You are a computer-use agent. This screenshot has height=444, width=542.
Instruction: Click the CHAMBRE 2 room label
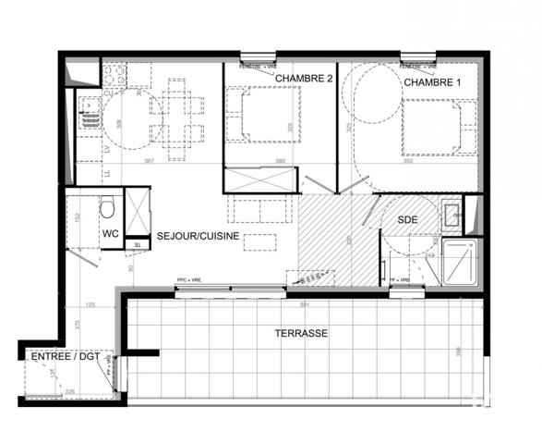coord(304,80)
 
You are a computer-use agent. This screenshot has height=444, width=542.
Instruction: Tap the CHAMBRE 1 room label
coord(431,82)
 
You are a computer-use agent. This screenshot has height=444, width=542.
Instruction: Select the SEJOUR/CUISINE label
coord(199,236)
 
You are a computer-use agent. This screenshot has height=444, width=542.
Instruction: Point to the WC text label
coord(110,233)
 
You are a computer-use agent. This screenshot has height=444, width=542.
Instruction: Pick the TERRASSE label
coord(301,333)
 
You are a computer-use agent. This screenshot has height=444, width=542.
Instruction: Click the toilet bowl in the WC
coord(107,203)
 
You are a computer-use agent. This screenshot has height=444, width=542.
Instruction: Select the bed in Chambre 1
coord(432,127)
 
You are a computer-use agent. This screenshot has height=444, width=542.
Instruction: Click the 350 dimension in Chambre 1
coord(409,161)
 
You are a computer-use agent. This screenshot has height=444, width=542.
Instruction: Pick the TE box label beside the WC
coord(138,244)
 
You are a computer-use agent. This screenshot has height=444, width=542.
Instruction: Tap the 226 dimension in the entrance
coord(69,392)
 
